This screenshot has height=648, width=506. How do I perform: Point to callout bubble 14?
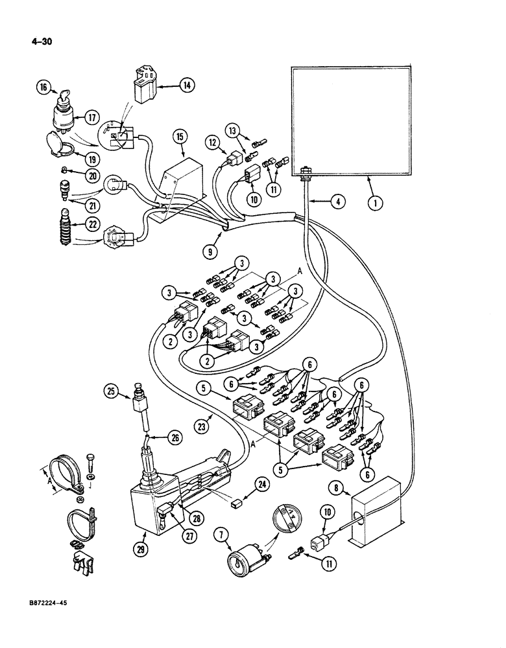[x=187, y=84]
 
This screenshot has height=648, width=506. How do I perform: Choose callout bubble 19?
[x=78, y=157]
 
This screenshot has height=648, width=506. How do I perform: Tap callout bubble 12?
[x=213, y=141]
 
